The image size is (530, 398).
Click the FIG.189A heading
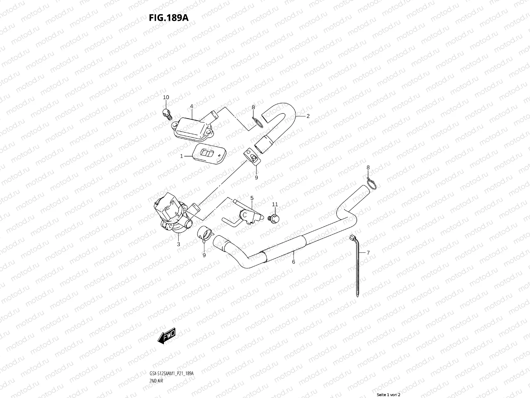tap(169, 18)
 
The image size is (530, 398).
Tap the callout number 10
tap(166, 97)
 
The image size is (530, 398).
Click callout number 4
tap(191, 106)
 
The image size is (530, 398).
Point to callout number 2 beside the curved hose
tap(308, 116)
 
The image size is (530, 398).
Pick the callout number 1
tap(182, 156)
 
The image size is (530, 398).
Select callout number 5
tap(252, 198)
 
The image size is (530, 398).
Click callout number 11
tap(275, 204)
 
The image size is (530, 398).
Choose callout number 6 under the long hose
tap(293, 262)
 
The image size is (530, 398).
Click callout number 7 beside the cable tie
tap(368, 253)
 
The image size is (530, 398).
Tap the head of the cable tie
tap(353, 238)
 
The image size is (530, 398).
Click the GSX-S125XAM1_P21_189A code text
tap(171, 355)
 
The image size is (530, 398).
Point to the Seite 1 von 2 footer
tap(389, 395)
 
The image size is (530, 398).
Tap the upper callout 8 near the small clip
tap(253, 107)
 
